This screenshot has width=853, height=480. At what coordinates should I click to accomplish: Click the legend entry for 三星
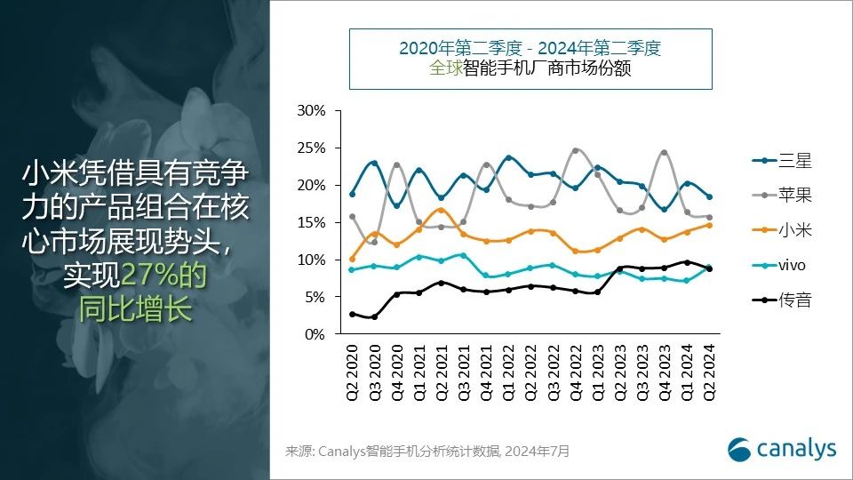782,161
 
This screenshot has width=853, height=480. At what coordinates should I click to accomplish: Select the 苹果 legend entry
782,196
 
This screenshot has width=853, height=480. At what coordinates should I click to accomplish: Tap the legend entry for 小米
782,230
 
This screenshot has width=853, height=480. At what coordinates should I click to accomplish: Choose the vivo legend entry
782,265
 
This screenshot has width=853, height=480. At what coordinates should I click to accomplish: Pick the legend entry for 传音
782,300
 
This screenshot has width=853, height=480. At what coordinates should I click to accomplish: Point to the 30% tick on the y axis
312,111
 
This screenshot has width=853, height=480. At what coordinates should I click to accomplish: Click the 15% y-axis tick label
312,223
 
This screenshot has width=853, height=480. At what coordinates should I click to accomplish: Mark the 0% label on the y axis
315,334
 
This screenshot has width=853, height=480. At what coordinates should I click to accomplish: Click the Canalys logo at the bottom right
782,448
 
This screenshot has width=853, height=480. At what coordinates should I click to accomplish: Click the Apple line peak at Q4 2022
576,150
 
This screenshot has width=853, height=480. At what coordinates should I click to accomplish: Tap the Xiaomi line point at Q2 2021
442,210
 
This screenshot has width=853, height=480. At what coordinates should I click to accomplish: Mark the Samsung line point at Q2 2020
353,194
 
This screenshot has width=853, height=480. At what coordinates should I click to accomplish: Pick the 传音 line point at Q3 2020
375,316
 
